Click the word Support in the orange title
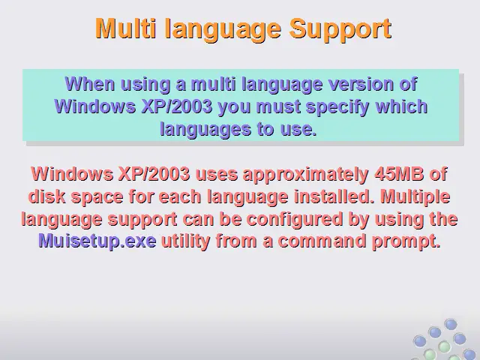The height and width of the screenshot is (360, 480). (340, 28)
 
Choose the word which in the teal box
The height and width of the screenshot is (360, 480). (401, 106)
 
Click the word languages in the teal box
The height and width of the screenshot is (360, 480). (205, 130)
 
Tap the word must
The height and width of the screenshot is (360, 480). (278, 106)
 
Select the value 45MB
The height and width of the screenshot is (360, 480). (399, 174)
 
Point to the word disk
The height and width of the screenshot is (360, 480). (46, 196)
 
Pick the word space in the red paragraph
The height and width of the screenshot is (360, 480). (97, 197)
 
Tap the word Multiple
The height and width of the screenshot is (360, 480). (415, 196)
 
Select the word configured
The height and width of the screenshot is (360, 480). (295, 220)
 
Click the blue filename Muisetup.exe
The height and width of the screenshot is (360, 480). (97, 241)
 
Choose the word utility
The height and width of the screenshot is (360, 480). (186, 241)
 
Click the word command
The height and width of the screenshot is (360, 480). (322, 241)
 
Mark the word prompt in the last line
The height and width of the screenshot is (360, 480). (406, 241)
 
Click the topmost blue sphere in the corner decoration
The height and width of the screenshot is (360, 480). (451, 324)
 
